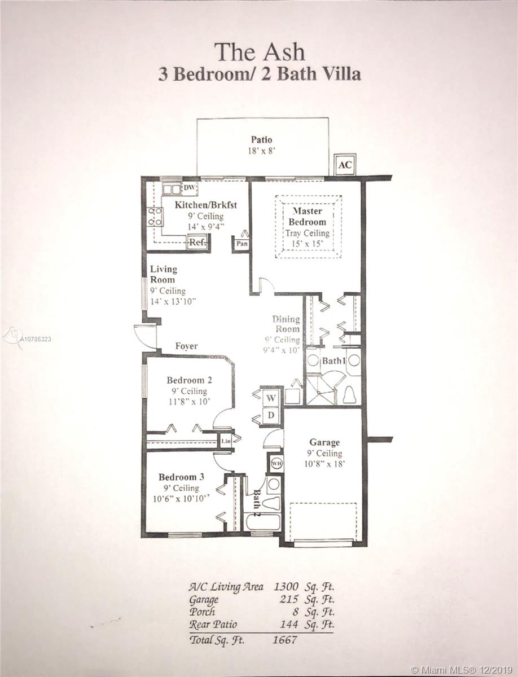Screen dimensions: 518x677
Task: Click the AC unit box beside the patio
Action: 345,165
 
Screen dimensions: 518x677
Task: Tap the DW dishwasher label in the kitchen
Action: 189,188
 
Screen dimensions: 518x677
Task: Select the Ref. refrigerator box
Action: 197,242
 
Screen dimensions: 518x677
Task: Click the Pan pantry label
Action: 242,244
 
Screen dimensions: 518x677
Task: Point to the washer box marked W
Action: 271,398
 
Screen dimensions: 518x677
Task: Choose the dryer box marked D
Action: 271,415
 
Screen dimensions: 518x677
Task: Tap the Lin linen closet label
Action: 226,441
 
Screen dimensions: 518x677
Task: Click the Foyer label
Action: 186,346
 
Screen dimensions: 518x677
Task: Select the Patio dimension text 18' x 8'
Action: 261,151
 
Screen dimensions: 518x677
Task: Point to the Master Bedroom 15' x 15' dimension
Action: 308,244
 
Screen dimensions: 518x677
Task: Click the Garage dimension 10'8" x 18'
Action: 324,464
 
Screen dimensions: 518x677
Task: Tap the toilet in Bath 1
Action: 349,394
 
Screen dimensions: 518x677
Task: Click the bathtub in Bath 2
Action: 263,522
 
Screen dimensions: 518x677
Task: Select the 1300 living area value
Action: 286,586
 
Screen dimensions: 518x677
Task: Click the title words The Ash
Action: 260,52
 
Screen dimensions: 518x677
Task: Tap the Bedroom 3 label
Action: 181,477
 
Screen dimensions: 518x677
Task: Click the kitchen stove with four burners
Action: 155,217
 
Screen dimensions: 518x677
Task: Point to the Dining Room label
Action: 286,324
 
